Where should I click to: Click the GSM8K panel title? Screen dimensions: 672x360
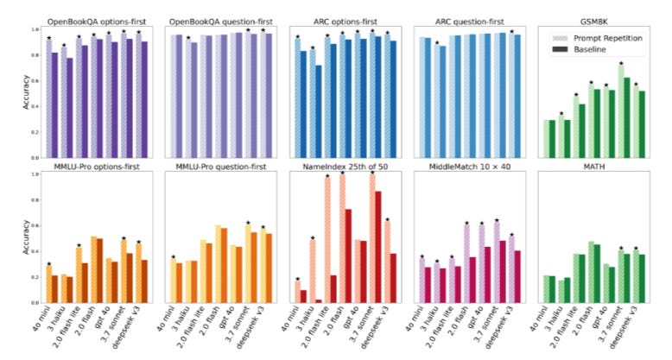click(594, 22)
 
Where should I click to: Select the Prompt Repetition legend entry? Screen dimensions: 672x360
click(598, 38)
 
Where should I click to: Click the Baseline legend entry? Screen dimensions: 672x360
click(580, 49)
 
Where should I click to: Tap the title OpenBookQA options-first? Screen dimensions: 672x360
click(97, 22)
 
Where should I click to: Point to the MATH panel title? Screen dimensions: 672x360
click(594, 167)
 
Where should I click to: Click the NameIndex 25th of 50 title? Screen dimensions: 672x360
click(345, 167)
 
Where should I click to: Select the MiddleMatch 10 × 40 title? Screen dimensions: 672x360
click(470, 167)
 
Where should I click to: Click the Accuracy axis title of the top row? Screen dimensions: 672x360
click(26, 92)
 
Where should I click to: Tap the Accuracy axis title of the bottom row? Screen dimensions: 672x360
click(26, 237)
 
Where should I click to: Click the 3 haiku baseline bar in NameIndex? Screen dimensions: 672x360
click(319, 301)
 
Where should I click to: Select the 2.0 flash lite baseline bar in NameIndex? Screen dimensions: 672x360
click(333, 289)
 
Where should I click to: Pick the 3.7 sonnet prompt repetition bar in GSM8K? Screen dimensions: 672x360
click(621, 111)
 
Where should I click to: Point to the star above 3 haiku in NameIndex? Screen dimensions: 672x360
click(313, 237)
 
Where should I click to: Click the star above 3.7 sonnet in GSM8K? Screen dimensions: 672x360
click(621, 63)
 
